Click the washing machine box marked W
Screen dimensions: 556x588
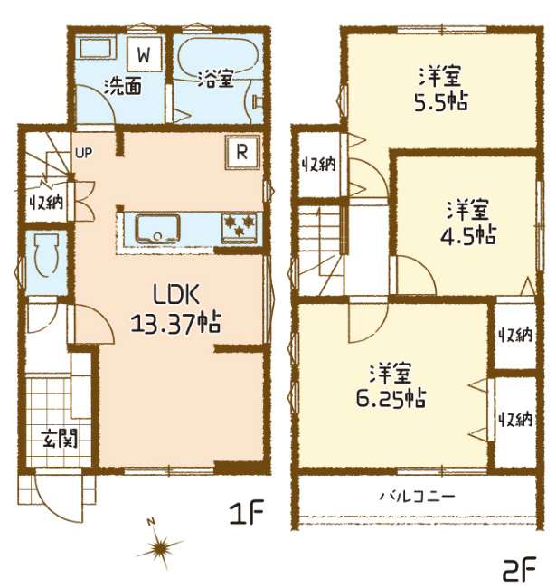click(145, 54)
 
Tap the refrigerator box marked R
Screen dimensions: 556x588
click(242, 153)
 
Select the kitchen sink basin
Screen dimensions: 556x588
click(157, 228)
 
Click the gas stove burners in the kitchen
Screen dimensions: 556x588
click(240, 228)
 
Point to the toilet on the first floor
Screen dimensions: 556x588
click(46, 254)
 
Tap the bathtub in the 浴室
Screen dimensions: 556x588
click(217, 56)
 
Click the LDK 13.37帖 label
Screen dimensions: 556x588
click(176, 308)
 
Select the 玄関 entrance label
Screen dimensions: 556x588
click(60, 438)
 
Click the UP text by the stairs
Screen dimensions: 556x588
click(83, 153)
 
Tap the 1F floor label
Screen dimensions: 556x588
click(248, 512)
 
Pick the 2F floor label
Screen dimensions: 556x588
click(519, 568)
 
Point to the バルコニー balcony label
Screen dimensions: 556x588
click(418, 497)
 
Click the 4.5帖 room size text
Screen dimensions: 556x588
click(467, 234)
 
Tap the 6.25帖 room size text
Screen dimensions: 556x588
click(391, 398)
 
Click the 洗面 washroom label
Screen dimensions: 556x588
click(123, 86)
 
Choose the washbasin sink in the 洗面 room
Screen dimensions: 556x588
click(97, 49)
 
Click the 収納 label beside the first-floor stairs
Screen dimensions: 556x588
click(46, 203)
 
